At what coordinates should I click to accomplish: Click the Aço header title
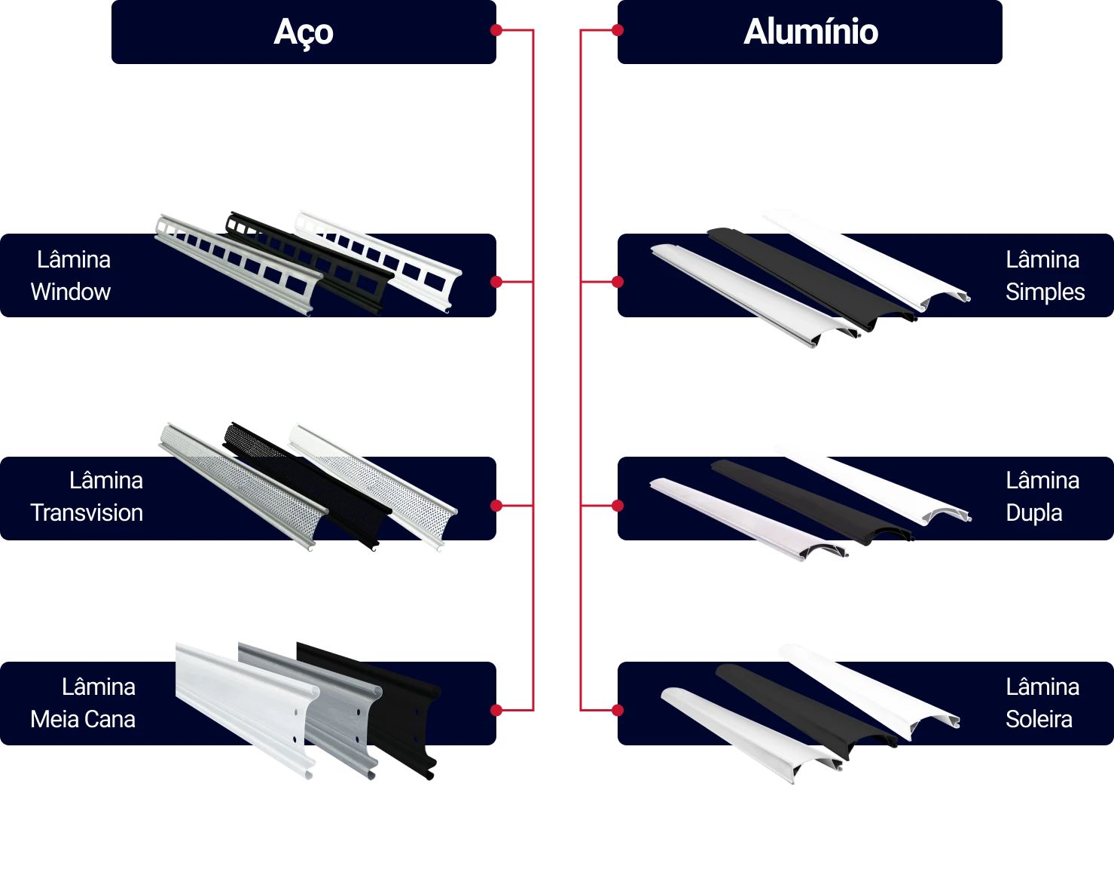tap(304, 32)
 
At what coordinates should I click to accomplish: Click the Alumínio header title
tap(810, 32)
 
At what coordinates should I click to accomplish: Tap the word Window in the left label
tap(71, 292)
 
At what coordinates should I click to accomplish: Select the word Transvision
tap(87, 512)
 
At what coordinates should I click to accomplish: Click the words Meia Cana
tap(83, 719)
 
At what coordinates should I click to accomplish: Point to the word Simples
tap(1045, 292)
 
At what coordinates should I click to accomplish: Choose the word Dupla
tap(1033, 512)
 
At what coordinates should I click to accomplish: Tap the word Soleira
tap(1039, 719)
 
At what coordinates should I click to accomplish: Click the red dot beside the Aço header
tap(496, 30)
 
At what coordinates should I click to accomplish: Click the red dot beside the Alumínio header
tap(618, 30)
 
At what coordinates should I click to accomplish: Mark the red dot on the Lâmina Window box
tap(496, 282)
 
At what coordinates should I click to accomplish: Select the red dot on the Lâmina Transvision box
tap(496, 506)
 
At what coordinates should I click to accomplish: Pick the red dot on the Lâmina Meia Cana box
tap(496, 710)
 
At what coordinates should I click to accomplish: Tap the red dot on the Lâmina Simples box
tap(618, 282)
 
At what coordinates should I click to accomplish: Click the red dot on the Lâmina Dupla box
tap(618, 506)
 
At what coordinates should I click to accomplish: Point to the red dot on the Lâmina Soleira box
tap(618, 710)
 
